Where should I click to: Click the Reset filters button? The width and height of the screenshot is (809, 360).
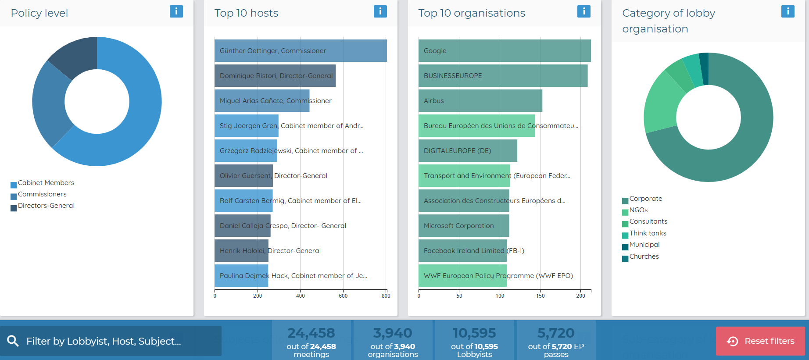pos(760,341)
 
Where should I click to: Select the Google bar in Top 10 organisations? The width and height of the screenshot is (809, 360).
pos(505,51)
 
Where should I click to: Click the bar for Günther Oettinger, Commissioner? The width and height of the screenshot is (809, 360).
pos(301,51)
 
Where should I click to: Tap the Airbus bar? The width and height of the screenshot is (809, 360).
pos(480,101)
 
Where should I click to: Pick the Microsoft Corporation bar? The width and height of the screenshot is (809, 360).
pos(464,226)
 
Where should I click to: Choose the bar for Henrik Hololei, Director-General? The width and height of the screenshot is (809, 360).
pos(241,251)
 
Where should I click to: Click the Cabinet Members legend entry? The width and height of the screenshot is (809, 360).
pos(46,183)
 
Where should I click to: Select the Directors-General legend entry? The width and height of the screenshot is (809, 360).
pos(46,206)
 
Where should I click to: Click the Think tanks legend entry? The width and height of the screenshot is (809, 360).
pos(648,233)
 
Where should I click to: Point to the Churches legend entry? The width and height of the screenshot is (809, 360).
pos(644,257)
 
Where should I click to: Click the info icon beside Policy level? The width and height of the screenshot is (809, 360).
pos(176,11)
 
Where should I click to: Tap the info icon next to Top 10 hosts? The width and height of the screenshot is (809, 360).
pos(380,11)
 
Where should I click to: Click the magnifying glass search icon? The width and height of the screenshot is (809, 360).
pos(13,341)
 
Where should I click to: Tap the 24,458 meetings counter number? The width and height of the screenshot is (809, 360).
pos(311,333)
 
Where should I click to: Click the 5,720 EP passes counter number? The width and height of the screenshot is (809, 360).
pos(556,333)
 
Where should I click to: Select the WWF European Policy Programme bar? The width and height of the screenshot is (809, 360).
pos(462,276)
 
